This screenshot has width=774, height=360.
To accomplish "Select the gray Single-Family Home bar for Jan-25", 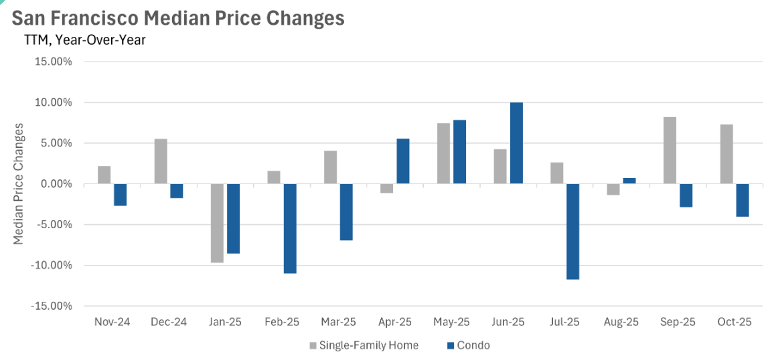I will pos(217,223).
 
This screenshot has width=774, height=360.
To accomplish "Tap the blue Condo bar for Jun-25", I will pos(516,143).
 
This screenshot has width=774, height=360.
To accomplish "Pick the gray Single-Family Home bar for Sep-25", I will pos(670,151).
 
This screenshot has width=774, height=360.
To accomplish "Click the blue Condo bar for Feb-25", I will pos(290,228).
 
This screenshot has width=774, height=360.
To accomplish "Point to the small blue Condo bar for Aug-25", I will pos(629,181).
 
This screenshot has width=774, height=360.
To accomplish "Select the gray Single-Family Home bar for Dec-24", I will pos(161,161).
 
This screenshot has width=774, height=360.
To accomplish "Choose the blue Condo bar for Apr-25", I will pos(403,161).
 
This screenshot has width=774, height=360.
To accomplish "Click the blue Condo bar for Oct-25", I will pos(742,200).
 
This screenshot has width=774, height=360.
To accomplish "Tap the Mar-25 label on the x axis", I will pos(339,322).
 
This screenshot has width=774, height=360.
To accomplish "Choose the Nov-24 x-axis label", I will pos(112,322).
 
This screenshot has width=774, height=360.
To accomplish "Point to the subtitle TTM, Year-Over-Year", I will pos(84,39).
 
